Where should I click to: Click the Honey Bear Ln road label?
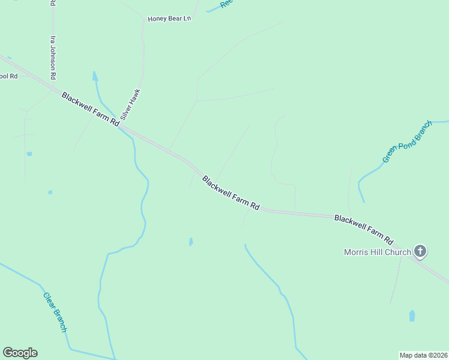[x=169, y=19]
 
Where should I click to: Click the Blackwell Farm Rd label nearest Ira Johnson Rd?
[x=90, y=109]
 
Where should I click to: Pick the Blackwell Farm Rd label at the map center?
[x=231, y=193]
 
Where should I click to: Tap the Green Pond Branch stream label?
[x=407, y=142]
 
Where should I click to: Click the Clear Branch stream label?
[x=55, y=312]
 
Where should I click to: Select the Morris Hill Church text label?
[x=377, y=252]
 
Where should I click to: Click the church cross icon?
[x=420, y=251]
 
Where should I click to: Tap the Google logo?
[x=20, y=353]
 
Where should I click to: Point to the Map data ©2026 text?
[x=423, y=355]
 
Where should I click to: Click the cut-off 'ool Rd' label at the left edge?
[x=9, y=76]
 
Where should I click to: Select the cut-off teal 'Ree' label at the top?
[x=226, y=3]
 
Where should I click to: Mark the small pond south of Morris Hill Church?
[x=412, y=316]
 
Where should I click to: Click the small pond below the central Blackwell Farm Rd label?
[x=191, y=242]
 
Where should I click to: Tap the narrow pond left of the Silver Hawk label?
[x=95, y=77]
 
